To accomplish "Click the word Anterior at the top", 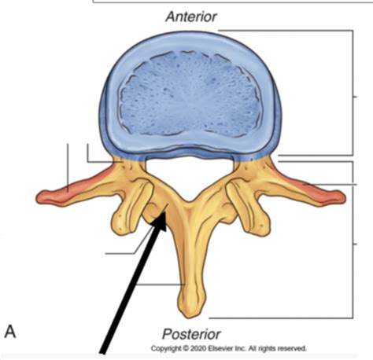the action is [191, 17].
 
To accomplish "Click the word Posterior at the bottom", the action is [191, 334].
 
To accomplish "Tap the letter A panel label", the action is [10, 332].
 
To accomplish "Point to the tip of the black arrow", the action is [164, 214].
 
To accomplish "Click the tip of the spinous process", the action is [194, 316].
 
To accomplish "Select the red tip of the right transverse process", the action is [338, 197].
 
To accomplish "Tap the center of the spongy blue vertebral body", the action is [190, 94].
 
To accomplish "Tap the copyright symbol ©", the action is [186, 349].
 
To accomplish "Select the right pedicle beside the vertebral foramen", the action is [248, 168].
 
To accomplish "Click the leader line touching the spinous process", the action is [161, 285].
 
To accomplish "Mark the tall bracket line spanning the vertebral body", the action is [353, 93].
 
